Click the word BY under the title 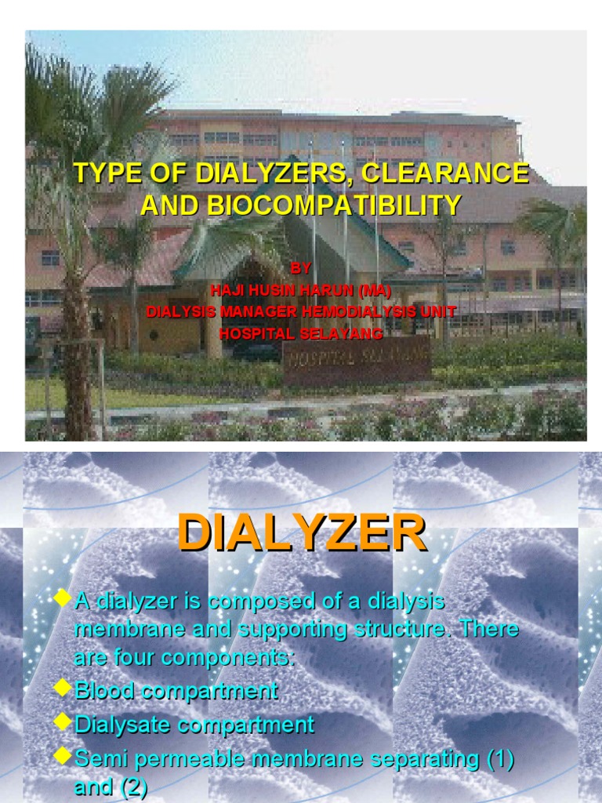tap(300, 268)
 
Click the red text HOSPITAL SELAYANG tap(301, 333)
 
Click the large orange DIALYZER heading tap(302, 535)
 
